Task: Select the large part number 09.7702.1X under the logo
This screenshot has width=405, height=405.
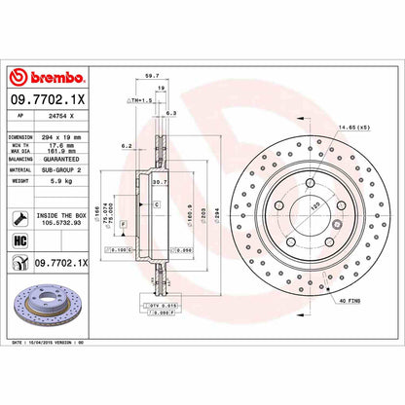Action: [49, 97]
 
